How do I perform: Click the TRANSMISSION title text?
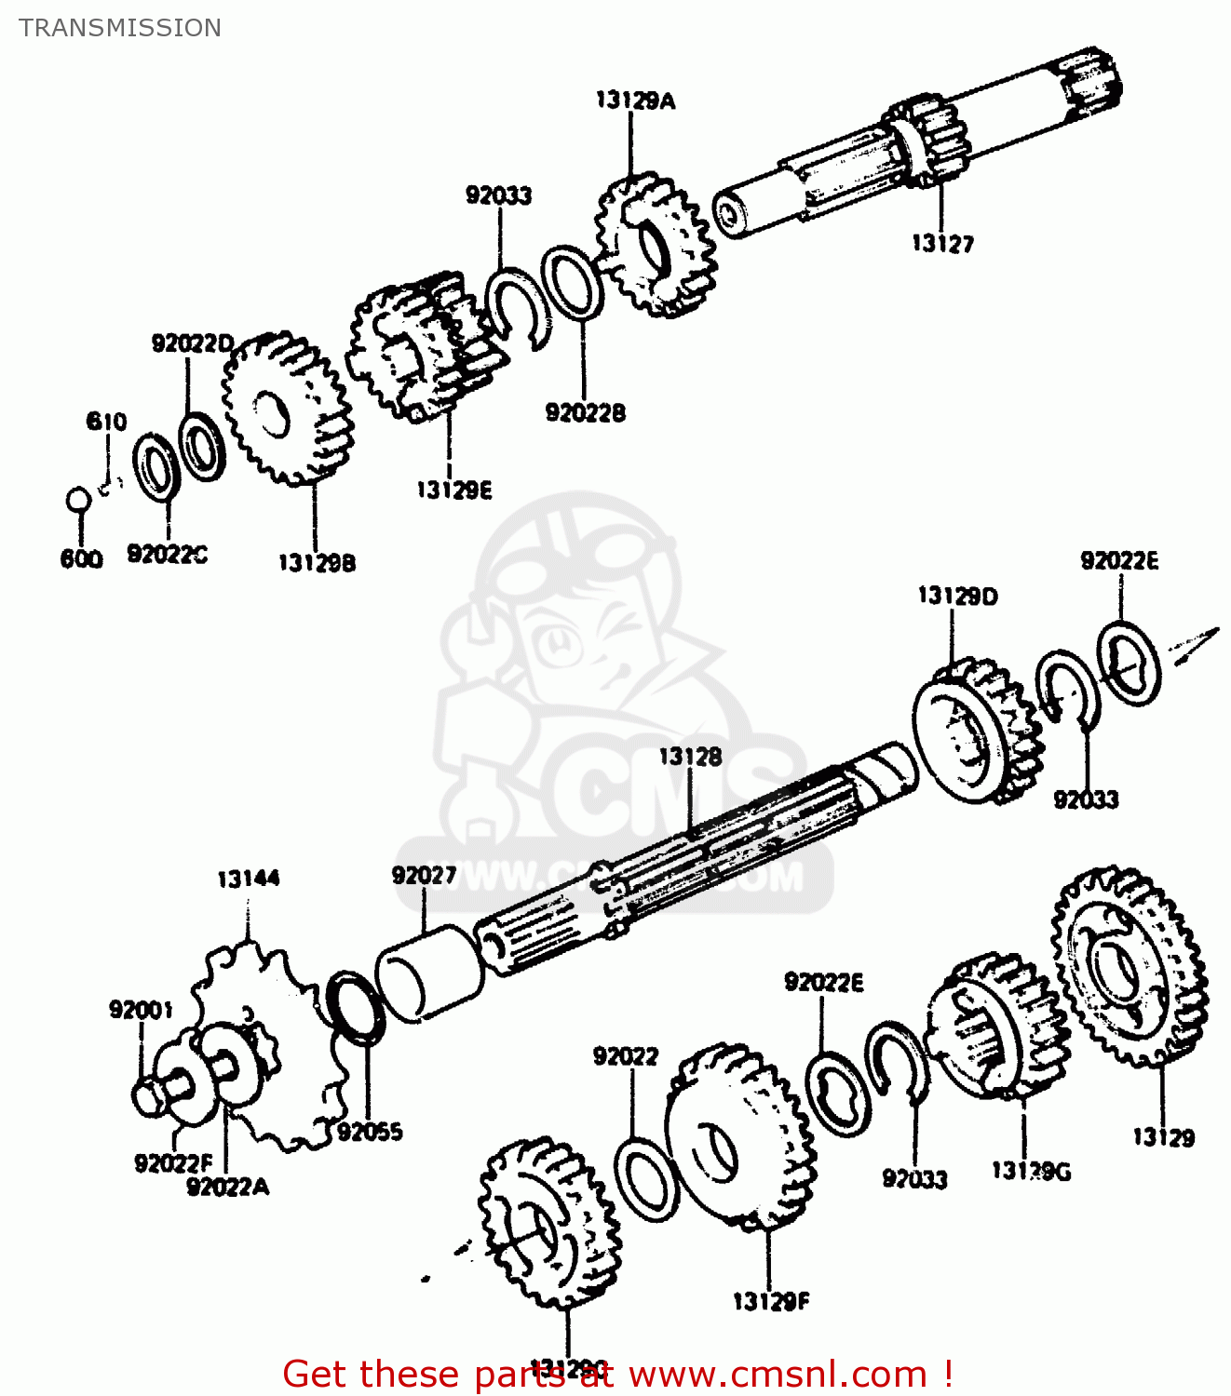[x=120, y=28]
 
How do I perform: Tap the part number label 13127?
[x=942, y=244]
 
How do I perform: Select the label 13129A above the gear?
[x=635, y=101]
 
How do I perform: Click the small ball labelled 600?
[x=78, y=500]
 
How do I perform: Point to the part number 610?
[x=106, y=422]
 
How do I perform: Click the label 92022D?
[x=192, y=344]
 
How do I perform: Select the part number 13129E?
[x=453, y=490]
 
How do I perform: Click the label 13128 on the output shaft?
[x=690, y=757]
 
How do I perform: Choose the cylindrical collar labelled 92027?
[x=428, y=973]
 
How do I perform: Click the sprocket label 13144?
[x=248, y=879]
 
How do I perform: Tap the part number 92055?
[x=370, y=1132]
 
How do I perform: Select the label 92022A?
[x=227, y=1187]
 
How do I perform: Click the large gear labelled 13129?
[x=1129, y=968]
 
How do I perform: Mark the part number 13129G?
[x=1031, y=1171]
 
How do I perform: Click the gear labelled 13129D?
[x=974, y=731]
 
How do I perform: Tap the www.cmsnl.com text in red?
[x=778, y=1374]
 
